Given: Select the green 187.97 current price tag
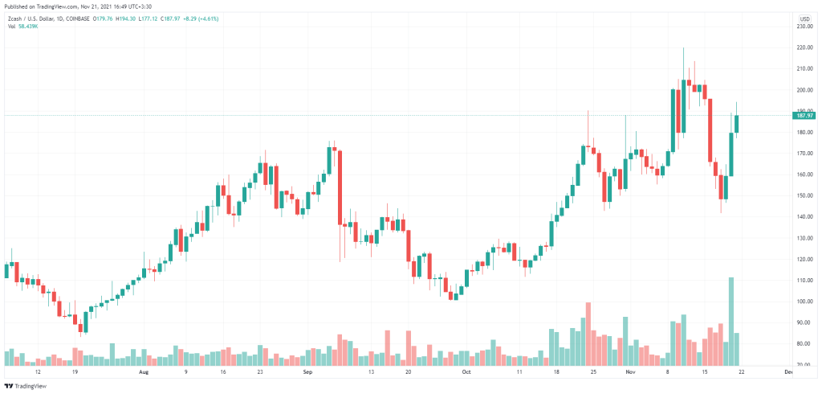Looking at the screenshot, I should point(804,116).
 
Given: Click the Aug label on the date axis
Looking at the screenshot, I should point(144,373).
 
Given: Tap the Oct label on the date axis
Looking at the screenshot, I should point(466,373).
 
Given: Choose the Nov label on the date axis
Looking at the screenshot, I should point(630,373).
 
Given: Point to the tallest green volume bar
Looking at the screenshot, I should point(731,322).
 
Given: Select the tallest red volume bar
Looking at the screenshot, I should point(588,334).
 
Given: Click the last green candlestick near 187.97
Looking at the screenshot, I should point(737,123).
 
